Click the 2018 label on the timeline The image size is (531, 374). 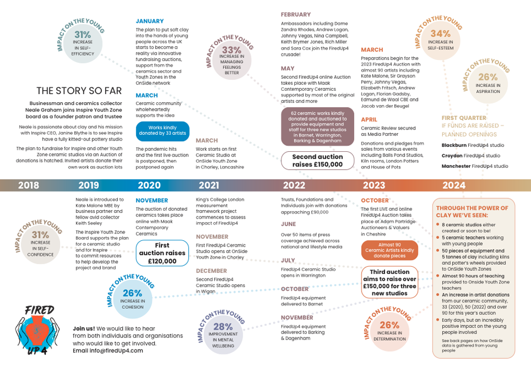(x=29, y=185)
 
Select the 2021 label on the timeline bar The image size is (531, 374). (x=209, y=185)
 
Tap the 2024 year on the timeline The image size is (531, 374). (x=453, y=185)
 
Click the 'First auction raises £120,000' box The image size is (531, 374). (x=162, y=254)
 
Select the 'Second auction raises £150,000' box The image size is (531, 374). (x=318, y=161)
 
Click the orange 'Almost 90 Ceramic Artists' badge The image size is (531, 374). (x=390, y=250)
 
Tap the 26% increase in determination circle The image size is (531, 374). (x=390, y=332)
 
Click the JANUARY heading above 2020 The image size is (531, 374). (x=150, y=22)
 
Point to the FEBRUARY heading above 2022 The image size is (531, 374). (x=296, y=14)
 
